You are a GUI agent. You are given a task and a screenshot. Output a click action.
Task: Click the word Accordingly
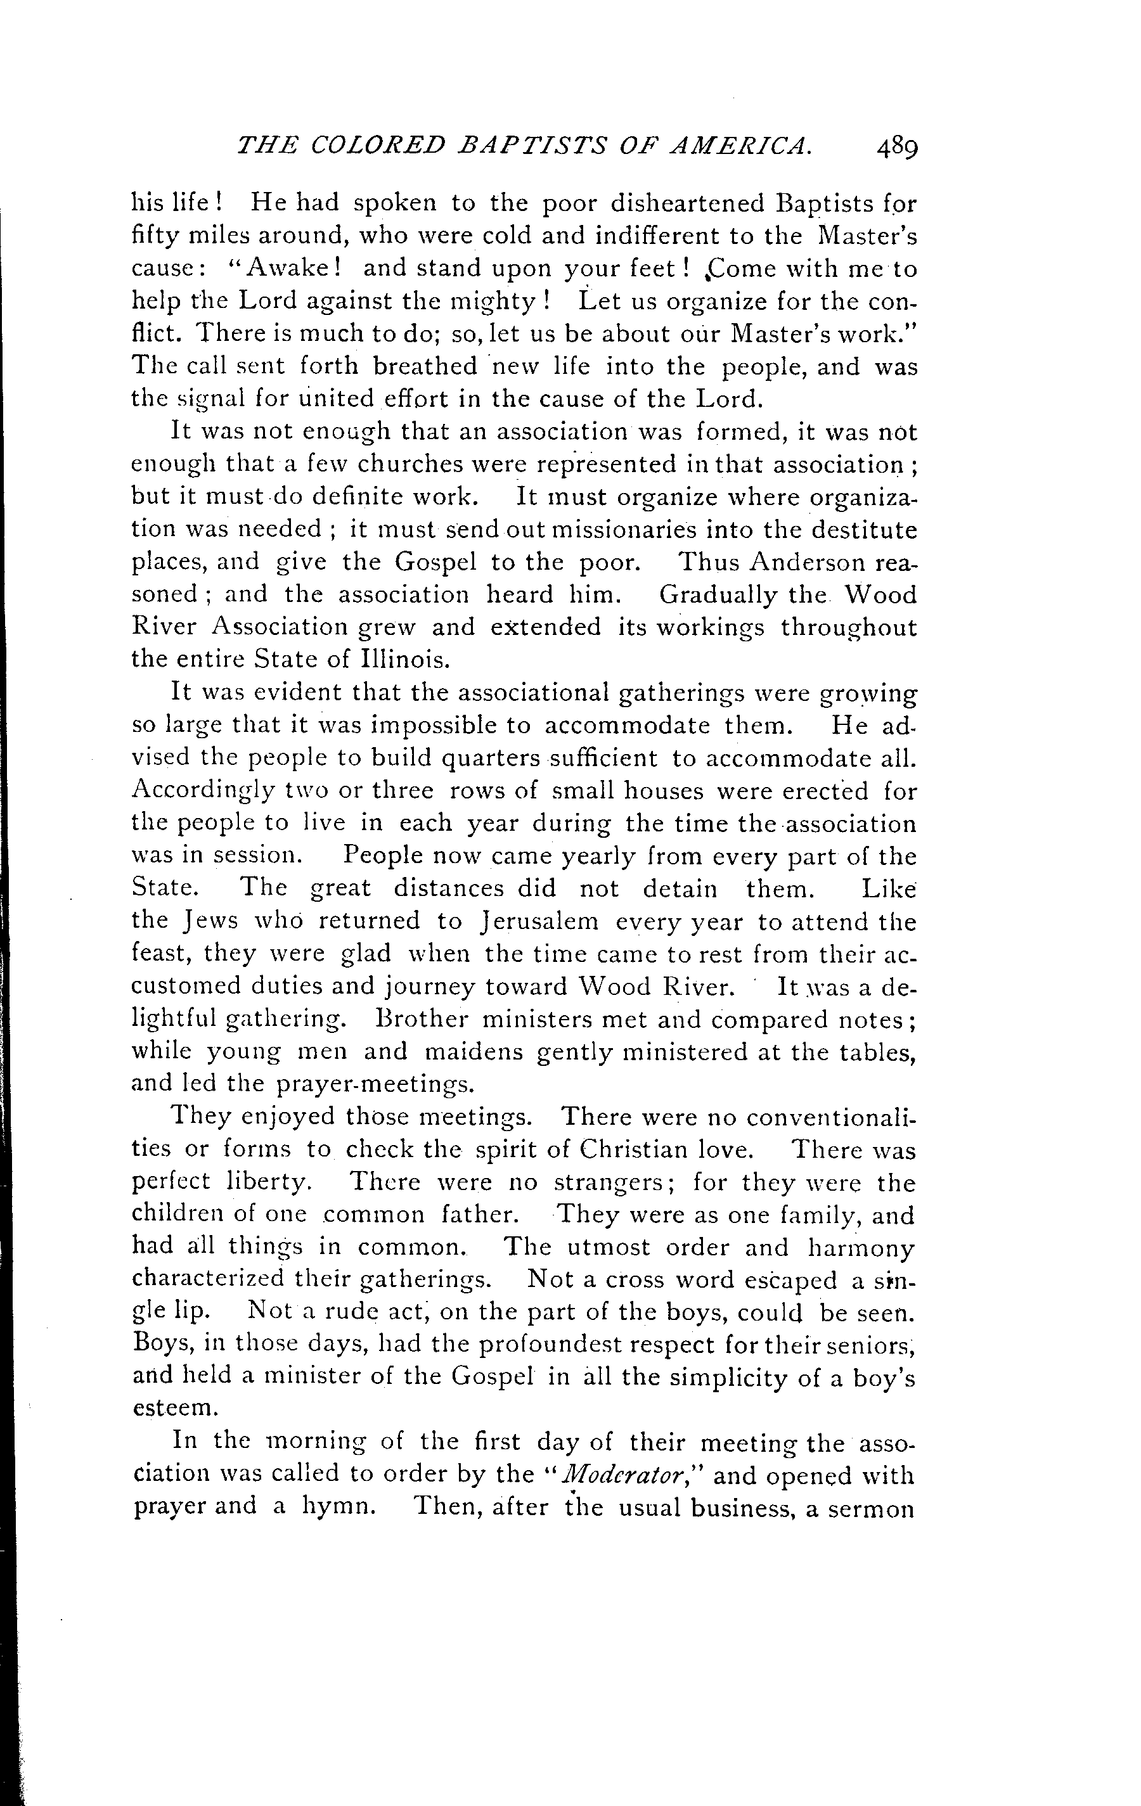pyautogui.click(x=200, y=791)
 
